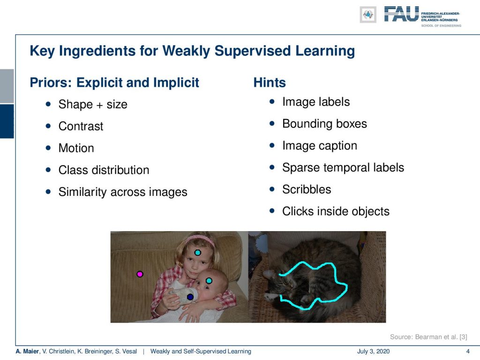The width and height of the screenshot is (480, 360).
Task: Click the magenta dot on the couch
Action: [x=140, y=274]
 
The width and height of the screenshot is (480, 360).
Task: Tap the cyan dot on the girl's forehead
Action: [x=198, y=253]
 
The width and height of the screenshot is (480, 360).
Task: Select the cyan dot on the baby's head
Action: [x=209, y=281]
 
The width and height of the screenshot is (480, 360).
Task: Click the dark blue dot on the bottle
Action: [x=190, y=297]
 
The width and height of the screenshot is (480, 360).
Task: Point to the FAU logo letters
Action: [x=401, y=14]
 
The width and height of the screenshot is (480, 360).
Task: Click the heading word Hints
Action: [x=270, y=82]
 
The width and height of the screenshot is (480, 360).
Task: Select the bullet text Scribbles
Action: [x=307, y=189]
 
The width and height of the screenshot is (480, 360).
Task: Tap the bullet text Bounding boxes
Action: [x=324, y=124]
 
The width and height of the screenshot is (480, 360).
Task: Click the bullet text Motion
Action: [x=76, y=148]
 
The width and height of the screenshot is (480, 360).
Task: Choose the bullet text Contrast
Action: [x=81, y=127]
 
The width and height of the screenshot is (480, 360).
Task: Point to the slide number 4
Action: [x=467, y=352]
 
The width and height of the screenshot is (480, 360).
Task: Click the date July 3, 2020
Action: [x=373, y=352]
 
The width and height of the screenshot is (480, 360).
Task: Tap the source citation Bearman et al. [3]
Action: [x=441, y=337]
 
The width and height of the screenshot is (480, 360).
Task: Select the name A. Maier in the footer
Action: [x=28, y=352]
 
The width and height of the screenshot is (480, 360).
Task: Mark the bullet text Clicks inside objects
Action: [x=336, y=211]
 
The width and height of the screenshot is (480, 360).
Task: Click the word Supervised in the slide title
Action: [x=253, y=51]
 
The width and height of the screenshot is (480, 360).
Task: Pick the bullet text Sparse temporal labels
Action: [x=343, y=168]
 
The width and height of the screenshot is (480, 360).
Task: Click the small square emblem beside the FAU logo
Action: [x=368, y=15]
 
